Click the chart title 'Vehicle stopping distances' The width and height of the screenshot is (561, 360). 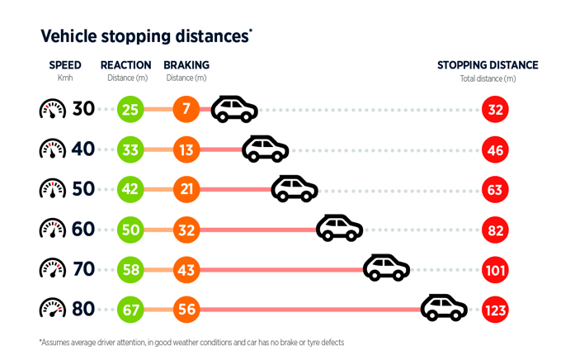(x=145, y=36)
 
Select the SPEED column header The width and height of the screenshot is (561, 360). (x=65, y=65)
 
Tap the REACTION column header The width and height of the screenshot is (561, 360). (x=125, y=65)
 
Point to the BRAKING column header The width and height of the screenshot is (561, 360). (x=186, y=65)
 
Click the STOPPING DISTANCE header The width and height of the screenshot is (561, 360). (x=488, y=65)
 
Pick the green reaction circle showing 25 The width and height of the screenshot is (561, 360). (x=130, y=109)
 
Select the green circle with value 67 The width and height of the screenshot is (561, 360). (x=130, y=310)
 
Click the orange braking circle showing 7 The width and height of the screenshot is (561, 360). (x=186, y=109)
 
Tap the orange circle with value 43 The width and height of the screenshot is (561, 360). (x=186, y=269)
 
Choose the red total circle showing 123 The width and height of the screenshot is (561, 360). (x=496, y=310)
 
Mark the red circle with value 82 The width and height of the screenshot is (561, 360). (x=496, y=230)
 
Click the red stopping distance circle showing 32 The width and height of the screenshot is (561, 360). (x=496, y=109)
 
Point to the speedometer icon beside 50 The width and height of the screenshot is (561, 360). (x=52, y=189)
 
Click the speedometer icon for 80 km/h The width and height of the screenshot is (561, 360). (x=52, y=310)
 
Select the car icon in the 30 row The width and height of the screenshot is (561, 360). (x=234, y=108)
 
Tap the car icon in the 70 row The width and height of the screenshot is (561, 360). (x=387, y=268)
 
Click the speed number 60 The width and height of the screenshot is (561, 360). (x=84, y=230)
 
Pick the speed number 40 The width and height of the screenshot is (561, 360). (x=84, y=149)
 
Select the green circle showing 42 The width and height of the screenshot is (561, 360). (x=130, y=189)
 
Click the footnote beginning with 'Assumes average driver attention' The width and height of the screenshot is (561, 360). (x=191, y=342)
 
